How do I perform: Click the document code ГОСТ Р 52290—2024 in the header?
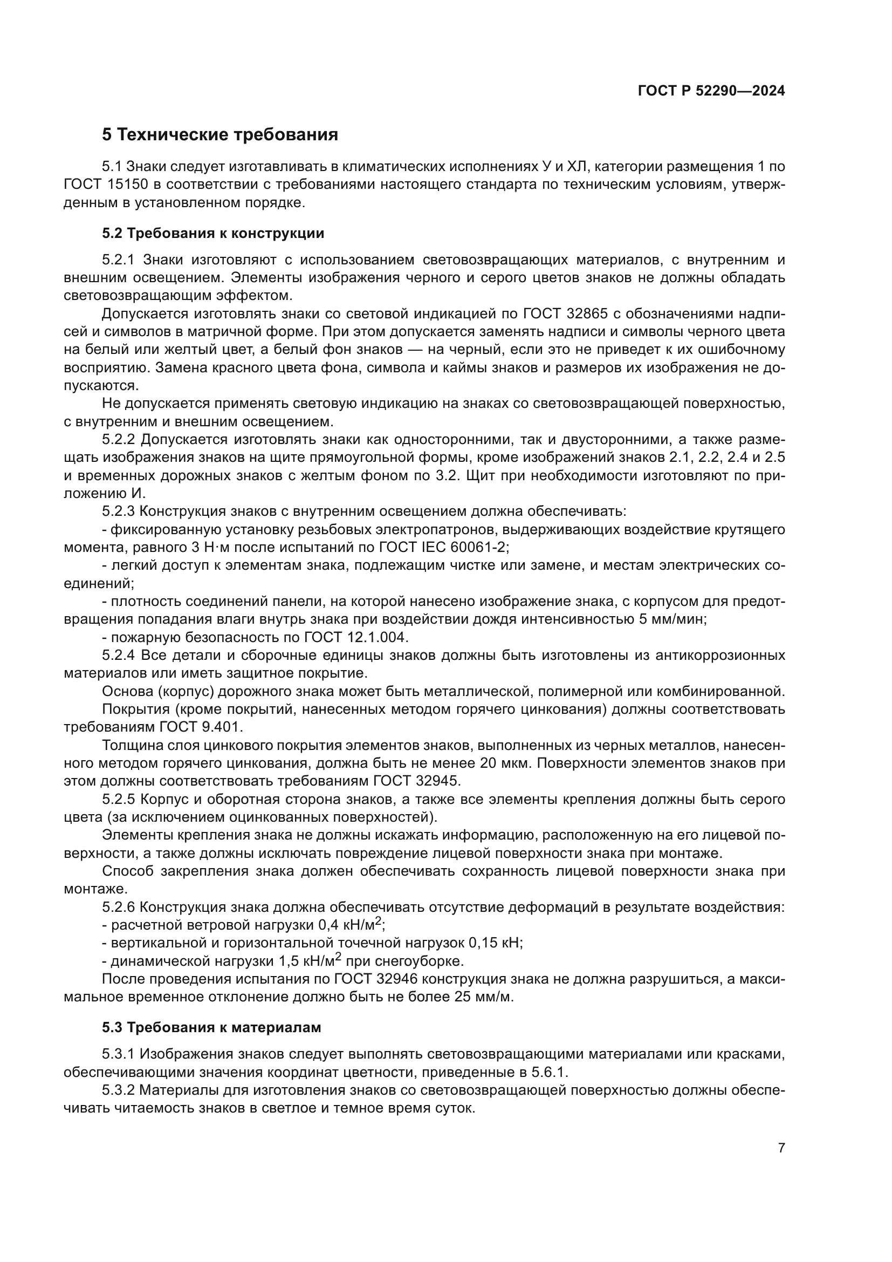point(711,91)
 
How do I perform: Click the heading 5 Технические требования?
point(219,135)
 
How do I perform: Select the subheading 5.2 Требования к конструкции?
point(213,234)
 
